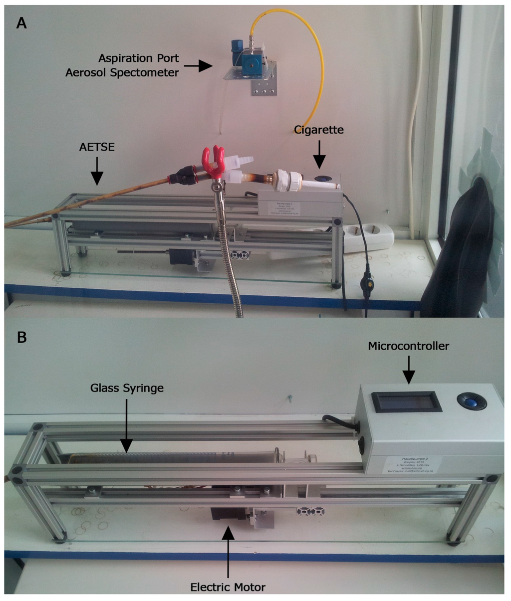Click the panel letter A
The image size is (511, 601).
click(x=21, y=23)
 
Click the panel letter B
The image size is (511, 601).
click(x=21, y=337)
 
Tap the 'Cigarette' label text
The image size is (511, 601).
click(x=318, y=130)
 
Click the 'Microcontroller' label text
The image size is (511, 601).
click(x=408, y=346)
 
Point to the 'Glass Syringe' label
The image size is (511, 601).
click(x=127, y=388)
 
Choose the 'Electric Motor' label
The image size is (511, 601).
click(x=228, y=587)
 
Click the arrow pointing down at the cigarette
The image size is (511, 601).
click(x=319, y=155)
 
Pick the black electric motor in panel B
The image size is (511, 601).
click(x=227, y=514)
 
